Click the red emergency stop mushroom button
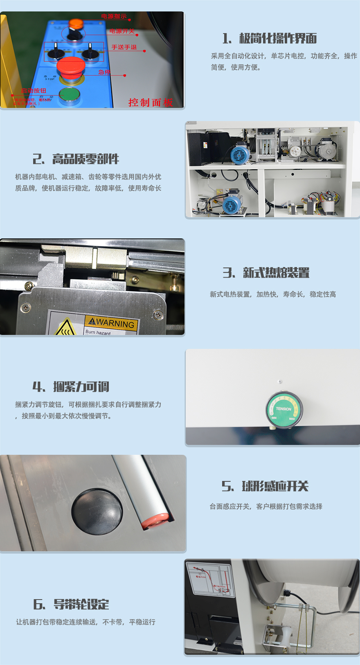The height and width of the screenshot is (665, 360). [x=70, y=66]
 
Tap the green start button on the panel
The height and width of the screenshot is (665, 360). [x=69, y=95]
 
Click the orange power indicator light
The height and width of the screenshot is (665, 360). [x=76, y=24]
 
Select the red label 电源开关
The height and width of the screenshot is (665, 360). [x=122, y=31]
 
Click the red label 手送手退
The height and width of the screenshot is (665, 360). [x=124, y=47]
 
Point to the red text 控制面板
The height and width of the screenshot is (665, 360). [x=151, y=102]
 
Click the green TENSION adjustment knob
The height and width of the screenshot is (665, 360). [x=284, y=409]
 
